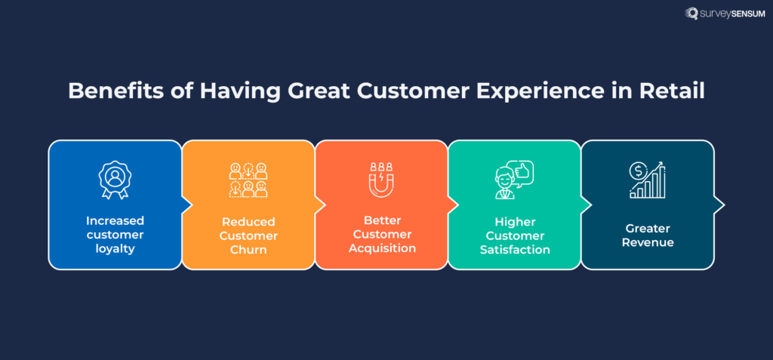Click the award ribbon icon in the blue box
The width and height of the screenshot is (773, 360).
tap(115, 180)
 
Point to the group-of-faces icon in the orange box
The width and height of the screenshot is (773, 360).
tap(248, 180)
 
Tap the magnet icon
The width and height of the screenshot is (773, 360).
tap(381, 180)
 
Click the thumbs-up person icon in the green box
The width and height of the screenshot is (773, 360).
tap(514, 180)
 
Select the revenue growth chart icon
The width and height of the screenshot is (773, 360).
tap(647, 180)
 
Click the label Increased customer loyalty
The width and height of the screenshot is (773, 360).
tap(115, 234)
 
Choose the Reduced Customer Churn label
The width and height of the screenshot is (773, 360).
tap(248, 235)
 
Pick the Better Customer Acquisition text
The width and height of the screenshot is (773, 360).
tap(381, 235)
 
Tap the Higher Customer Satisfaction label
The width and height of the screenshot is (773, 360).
tap(514, 235)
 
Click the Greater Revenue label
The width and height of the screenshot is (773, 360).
tap(647, 235)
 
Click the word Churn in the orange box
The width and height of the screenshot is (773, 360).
tap(248, 249)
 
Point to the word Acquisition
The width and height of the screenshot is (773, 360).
tap(381, 249)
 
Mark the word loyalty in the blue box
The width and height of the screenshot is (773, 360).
tap(115, 248)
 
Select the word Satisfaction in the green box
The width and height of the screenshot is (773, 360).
tap(514, 249)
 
